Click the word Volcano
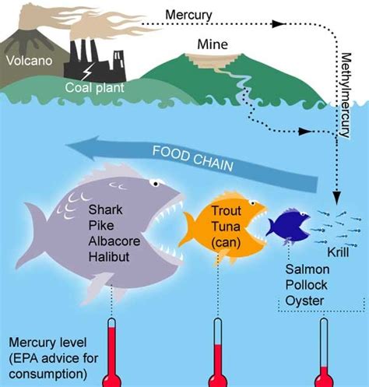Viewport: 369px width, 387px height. tap(30, 61)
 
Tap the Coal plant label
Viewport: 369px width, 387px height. tap(95, 88)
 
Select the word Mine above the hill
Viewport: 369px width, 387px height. tap(213, 44)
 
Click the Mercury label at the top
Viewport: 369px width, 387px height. tap(188, 15)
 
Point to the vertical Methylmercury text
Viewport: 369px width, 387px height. tap(346, 95)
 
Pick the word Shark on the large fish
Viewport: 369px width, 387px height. tap(105, 209)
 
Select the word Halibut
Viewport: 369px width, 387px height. tap(109, 257)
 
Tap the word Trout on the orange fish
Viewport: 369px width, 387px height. tap(227, 210)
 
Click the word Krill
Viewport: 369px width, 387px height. tap(338, 252)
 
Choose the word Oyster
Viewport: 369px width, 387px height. tap(304, 301)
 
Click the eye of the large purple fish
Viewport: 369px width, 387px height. tap(156, 184)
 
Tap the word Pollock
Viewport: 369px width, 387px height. tap(306, 285)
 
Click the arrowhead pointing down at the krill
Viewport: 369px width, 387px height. tap(336, 198)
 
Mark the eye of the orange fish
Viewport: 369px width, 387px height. tap(251, 202)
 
